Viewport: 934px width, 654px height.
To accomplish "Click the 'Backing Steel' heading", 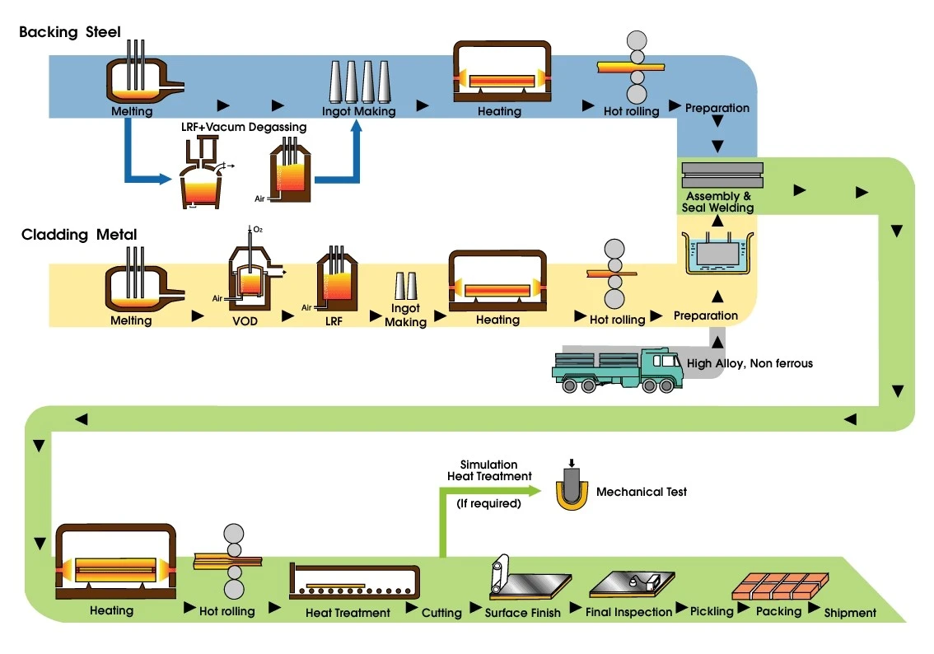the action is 70,31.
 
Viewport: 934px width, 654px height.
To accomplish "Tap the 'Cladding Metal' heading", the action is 79,234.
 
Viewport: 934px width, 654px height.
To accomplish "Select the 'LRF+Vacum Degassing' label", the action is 244,127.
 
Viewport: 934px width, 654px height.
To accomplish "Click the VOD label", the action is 245,321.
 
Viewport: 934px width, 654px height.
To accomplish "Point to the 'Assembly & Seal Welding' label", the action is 717,202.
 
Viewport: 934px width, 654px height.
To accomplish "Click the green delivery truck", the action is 617,370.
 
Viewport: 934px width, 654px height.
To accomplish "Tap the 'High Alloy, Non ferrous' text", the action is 750,363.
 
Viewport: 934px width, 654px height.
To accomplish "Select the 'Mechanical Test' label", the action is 642,492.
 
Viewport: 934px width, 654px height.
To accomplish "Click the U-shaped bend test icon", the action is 572,489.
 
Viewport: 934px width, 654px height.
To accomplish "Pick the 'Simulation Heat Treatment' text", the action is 489,470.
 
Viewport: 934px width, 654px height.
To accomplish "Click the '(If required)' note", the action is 488,503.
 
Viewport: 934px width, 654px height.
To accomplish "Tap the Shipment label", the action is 850,613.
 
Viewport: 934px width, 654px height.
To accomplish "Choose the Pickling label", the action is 712,612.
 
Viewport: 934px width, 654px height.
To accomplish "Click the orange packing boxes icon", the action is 780,586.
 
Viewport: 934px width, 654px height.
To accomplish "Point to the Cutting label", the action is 441,613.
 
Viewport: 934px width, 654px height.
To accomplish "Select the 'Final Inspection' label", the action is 628,612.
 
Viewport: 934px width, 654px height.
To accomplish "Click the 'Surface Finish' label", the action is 522,613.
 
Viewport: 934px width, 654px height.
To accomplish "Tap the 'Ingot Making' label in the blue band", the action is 358,111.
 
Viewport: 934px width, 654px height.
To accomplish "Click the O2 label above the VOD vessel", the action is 258,229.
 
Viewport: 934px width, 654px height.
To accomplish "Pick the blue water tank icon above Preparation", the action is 717,253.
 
